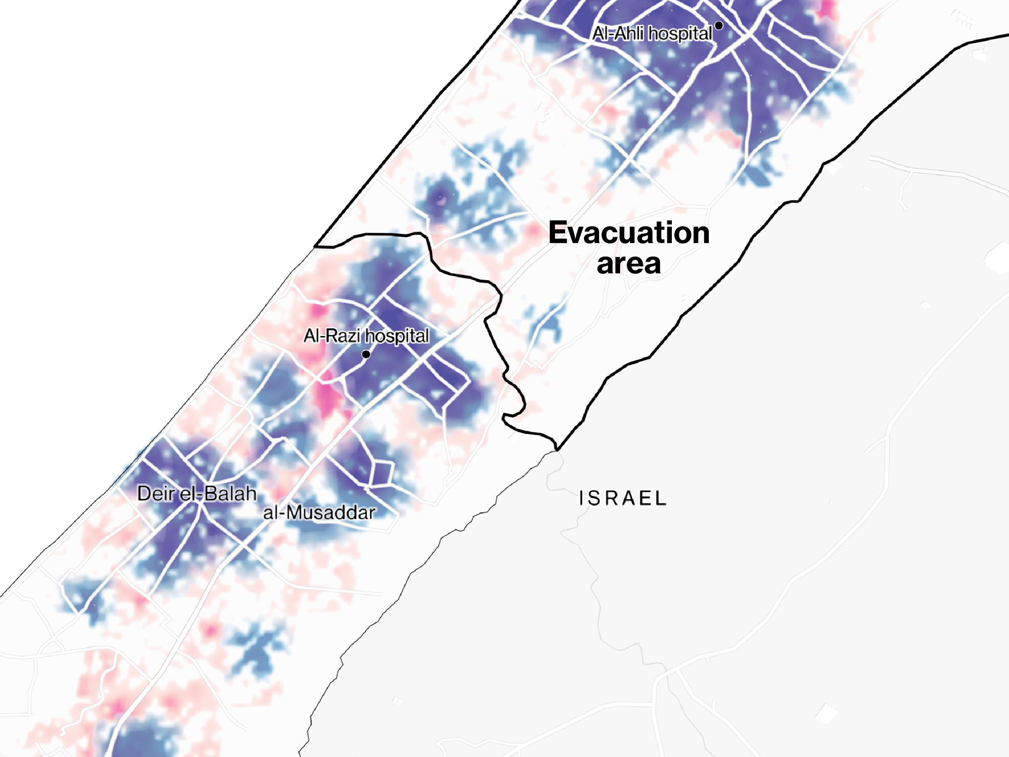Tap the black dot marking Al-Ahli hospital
(719, 26)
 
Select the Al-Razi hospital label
(366, 336)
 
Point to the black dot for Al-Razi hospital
(366, 354)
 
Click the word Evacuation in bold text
(629, 233)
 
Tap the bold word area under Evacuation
(629, 264)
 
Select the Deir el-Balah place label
(197, 494)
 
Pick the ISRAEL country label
(623, 498)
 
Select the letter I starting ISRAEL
(581, 498)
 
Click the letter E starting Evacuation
(558, 233)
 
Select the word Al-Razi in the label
(333, 336)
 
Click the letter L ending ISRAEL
(661, 498)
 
